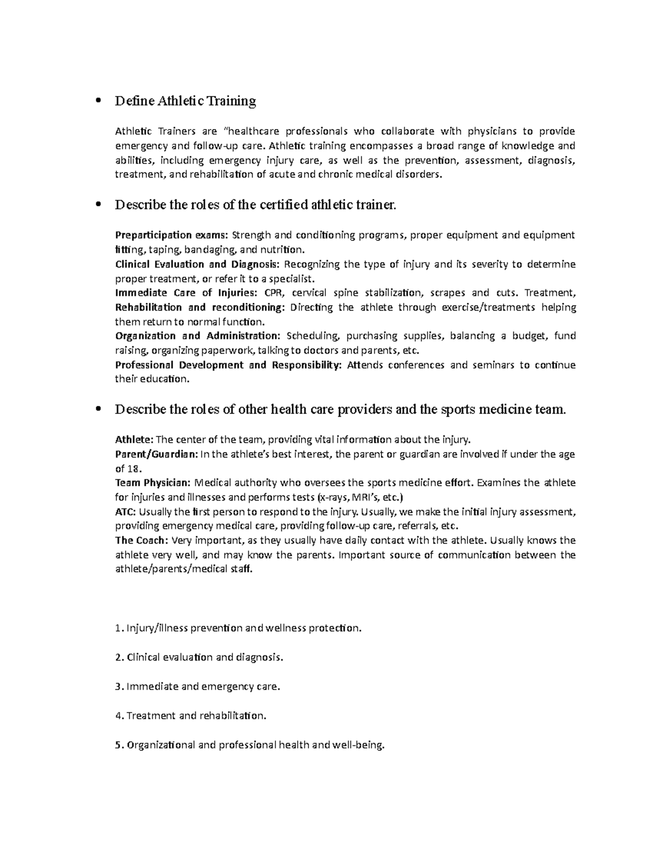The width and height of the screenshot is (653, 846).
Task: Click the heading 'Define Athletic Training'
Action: (185, 101)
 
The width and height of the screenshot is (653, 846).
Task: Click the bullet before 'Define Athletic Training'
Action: (98, 101)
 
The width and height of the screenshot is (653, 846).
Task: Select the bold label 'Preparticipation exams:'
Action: (172, 235)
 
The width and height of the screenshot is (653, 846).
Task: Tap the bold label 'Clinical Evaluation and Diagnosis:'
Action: (197, 265)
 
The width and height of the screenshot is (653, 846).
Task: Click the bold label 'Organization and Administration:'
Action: (198, 336)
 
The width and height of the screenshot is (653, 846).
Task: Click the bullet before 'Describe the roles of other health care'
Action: (98, 410)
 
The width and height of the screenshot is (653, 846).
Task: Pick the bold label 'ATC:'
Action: (127, 512)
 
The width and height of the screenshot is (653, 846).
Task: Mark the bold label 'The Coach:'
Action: (141, 540)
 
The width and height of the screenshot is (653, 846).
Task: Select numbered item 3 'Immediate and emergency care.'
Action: (199, 686)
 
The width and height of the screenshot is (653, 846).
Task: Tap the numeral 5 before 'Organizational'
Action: (119, 745)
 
